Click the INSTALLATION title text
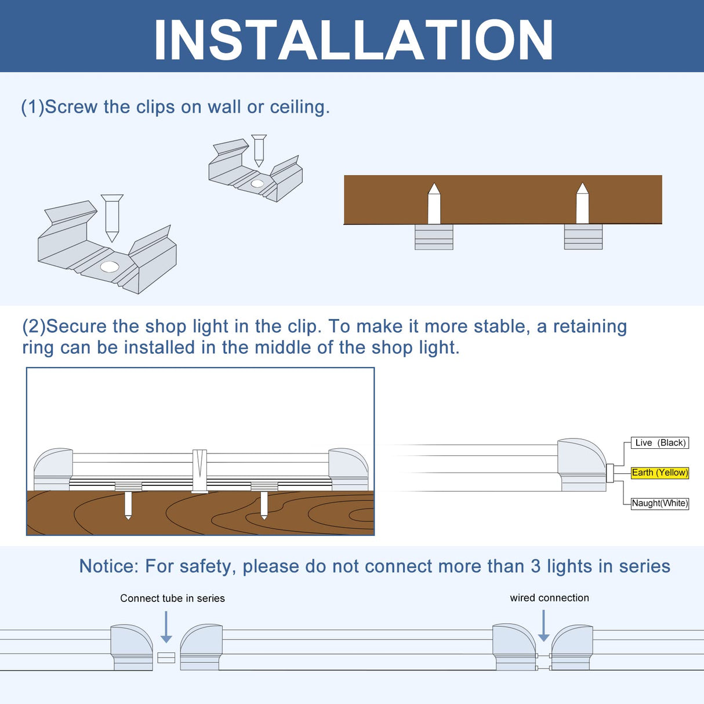tap(353, 39)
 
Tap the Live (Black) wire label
tap(660, 442)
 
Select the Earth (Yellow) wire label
tap(659, 473)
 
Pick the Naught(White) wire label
tap(659, 503)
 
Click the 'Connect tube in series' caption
tap(172, 598)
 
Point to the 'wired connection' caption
tap(549, 597)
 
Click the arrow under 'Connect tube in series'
tap(166, 627)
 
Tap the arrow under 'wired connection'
tap(543, 626)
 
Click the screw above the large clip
tap(112, 217)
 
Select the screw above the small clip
tap(259, 150)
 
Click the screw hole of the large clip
tap(110, 267)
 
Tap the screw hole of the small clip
tap(257, 184)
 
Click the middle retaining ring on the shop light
tap(199, 470)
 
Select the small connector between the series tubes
tap(166, 658)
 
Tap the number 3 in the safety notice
tap(536, 566)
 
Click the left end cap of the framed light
tap(53, 469)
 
